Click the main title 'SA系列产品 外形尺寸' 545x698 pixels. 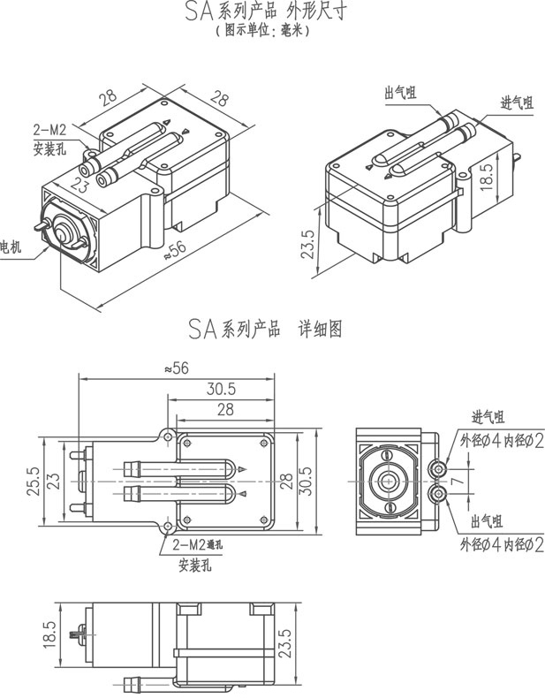264,11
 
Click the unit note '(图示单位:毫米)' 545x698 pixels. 264,29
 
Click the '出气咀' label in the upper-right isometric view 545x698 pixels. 400,92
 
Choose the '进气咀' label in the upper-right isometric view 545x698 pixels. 517,102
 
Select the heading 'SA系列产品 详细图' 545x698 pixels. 264,329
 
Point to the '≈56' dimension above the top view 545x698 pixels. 177,369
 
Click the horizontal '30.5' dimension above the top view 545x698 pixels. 220,389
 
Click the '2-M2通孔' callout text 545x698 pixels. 198,543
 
